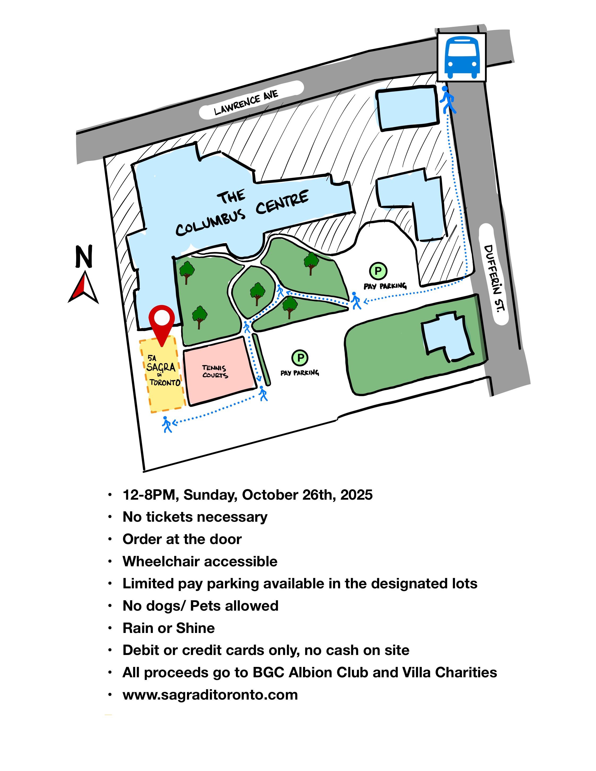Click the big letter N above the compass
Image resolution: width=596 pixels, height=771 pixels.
coord(84,257)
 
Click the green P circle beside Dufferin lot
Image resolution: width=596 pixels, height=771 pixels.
coord(378,271)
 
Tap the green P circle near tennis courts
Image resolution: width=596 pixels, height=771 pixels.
coord(300,358)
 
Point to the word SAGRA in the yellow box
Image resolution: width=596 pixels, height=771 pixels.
coord(161,367)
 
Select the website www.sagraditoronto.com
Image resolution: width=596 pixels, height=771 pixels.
coord(210,695)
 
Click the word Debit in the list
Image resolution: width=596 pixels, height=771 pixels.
coord(139,650)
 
